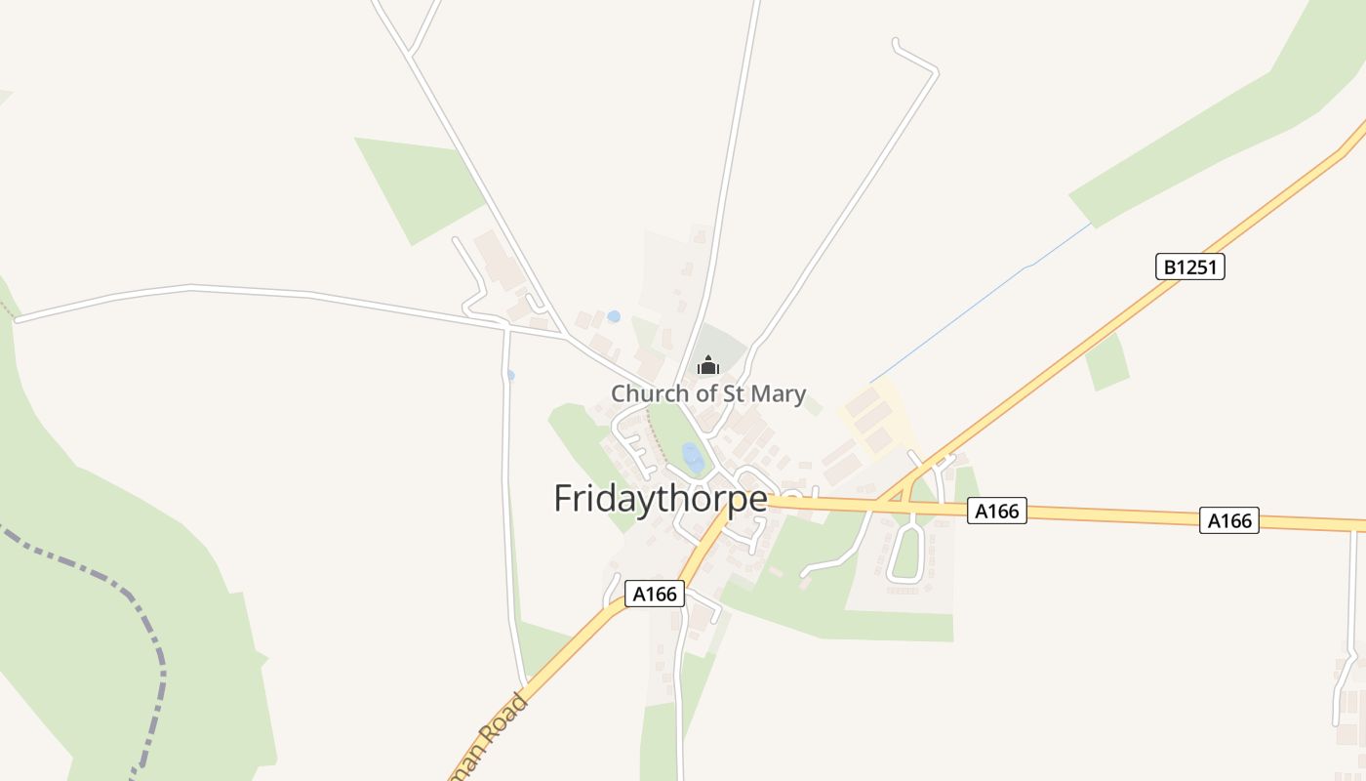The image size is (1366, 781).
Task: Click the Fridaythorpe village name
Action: pyautogui.click(x=660, y=498)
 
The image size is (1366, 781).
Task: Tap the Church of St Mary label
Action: pyautogui.click(x=708, y=393)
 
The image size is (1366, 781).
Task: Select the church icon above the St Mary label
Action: pyautogui.click(x=707, y=366)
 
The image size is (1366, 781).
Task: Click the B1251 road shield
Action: pyautogui.click(x=1189, y=267)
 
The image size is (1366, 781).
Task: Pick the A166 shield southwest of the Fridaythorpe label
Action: pyautogui.click(x=654, y=594)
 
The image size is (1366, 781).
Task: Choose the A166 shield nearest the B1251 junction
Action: pyautogui.click(x=997, y=511)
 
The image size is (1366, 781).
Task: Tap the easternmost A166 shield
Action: pyautogui.click(x=1229, y=520)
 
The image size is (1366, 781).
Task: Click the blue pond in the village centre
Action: pyautogui.click(x=693, y=457)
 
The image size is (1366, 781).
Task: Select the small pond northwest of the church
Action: pyautogui.click(x=613, y=316)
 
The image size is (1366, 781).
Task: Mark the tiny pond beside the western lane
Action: pyautogui.click(x=510, y=375)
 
